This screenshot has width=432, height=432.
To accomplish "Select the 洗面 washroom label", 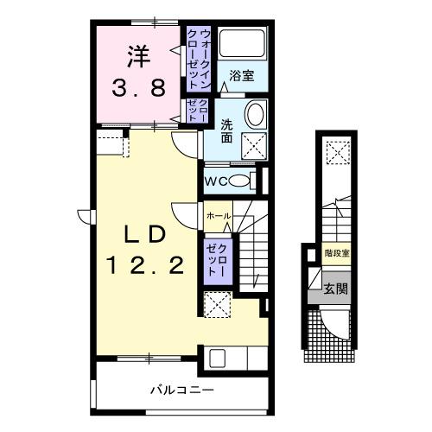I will (x=226, y=130).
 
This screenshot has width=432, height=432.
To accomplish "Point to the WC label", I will (x=217, y=182).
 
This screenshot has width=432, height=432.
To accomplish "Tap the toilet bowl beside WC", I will (x=249, y=181).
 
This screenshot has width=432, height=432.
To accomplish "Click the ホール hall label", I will (x=218, y=214).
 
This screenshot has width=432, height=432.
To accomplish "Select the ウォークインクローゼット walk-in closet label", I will (x=205, y=57).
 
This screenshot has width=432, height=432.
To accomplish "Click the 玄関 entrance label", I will (x=335, y=288).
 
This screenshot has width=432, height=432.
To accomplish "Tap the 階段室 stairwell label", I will (x=337, y=253).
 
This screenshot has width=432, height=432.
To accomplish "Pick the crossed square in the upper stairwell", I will (x=336, y=153).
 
